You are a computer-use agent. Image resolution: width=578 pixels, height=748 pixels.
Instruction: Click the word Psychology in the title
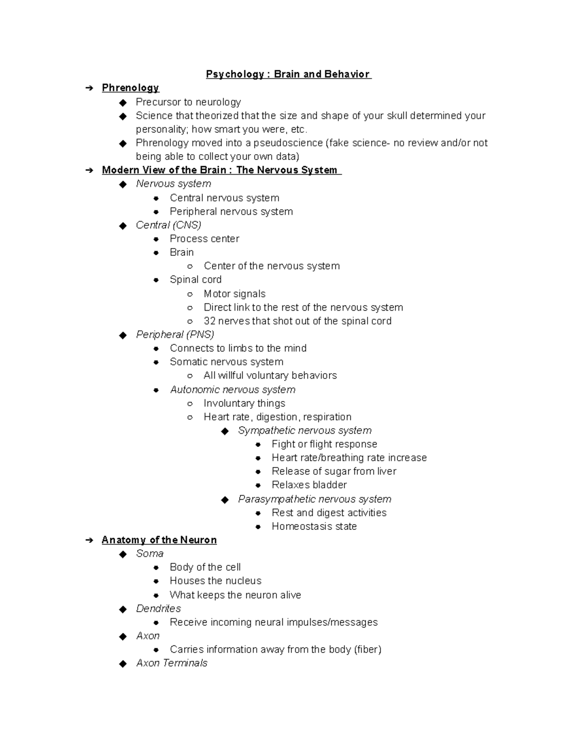(235, 74)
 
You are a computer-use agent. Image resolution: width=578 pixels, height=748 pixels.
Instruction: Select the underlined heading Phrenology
(130, 88)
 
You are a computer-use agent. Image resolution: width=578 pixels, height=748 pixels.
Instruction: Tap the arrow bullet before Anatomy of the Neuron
(89, 540)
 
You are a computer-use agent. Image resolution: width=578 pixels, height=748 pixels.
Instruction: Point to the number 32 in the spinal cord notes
(210, 321)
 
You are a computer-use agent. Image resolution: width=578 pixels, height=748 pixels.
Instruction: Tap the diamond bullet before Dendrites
(123, 609)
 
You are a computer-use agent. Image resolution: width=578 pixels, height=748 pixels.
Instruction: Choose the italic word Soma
(150, 554)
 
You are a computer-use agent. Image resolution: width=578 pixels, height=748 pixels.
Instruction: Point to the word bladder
(330, 485)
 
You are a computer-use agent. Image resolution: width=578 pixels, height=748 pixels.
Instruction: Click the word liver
(387, 472)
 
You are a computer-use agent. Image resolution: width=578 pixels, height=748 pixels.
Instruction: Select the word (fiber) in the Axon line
(368, 650)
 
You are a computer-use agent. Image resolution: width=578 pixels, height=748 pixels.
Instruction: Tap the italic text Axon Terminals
(171, 663)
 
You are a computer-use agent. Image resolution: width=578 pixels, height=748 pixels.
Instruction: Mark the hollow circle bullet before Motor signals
(190, 294)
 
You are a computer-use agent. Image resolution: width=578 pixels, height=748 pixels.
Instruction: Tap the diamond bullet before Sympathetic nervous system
(225, 431)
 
